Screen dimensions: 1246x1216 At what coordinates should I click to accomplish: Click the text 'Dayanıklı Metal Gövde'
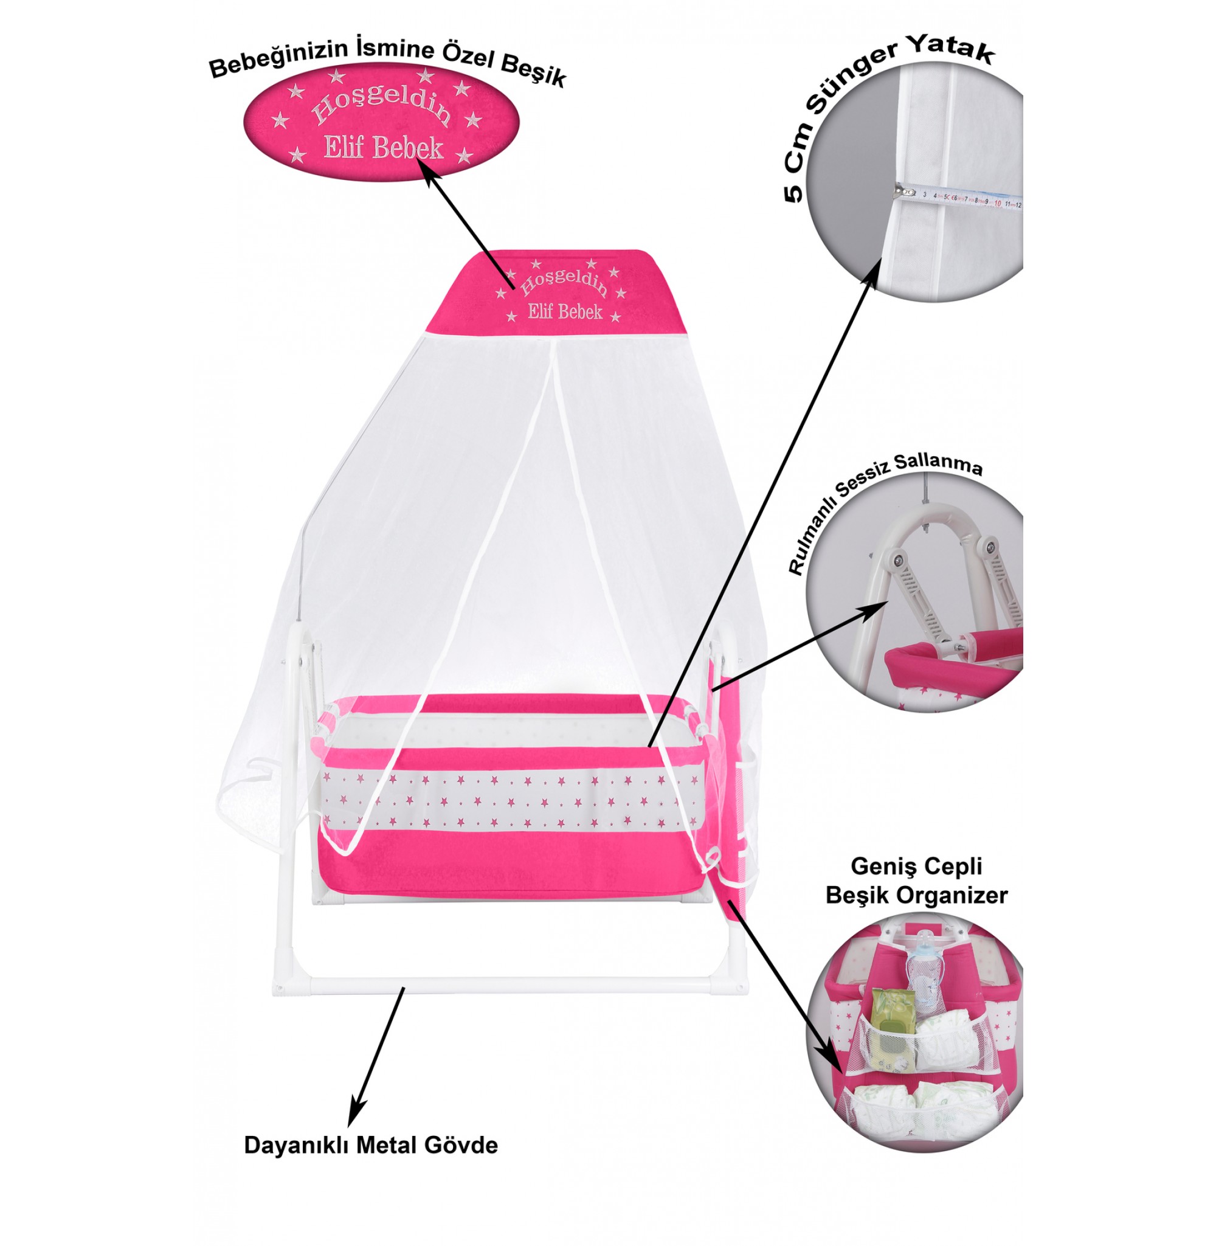[x=370, y=1145]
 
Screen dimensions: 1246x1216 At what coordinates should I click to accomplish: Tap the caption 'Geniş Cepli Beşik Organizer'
[x=916, y=881]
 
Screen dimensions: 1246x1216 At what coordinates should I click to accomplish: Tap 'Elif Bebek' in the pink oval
[x=383, y=148]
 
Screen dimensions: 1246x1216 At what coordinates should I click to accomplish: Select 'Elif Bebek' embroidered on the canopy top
[x=565, y=312]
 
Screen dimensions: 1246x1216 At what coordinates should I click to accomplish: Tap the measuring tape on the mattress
[x=958, y=198]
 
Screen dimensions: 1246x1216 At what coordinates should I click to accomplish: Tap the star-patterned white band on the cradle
[x=511, y=801]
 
